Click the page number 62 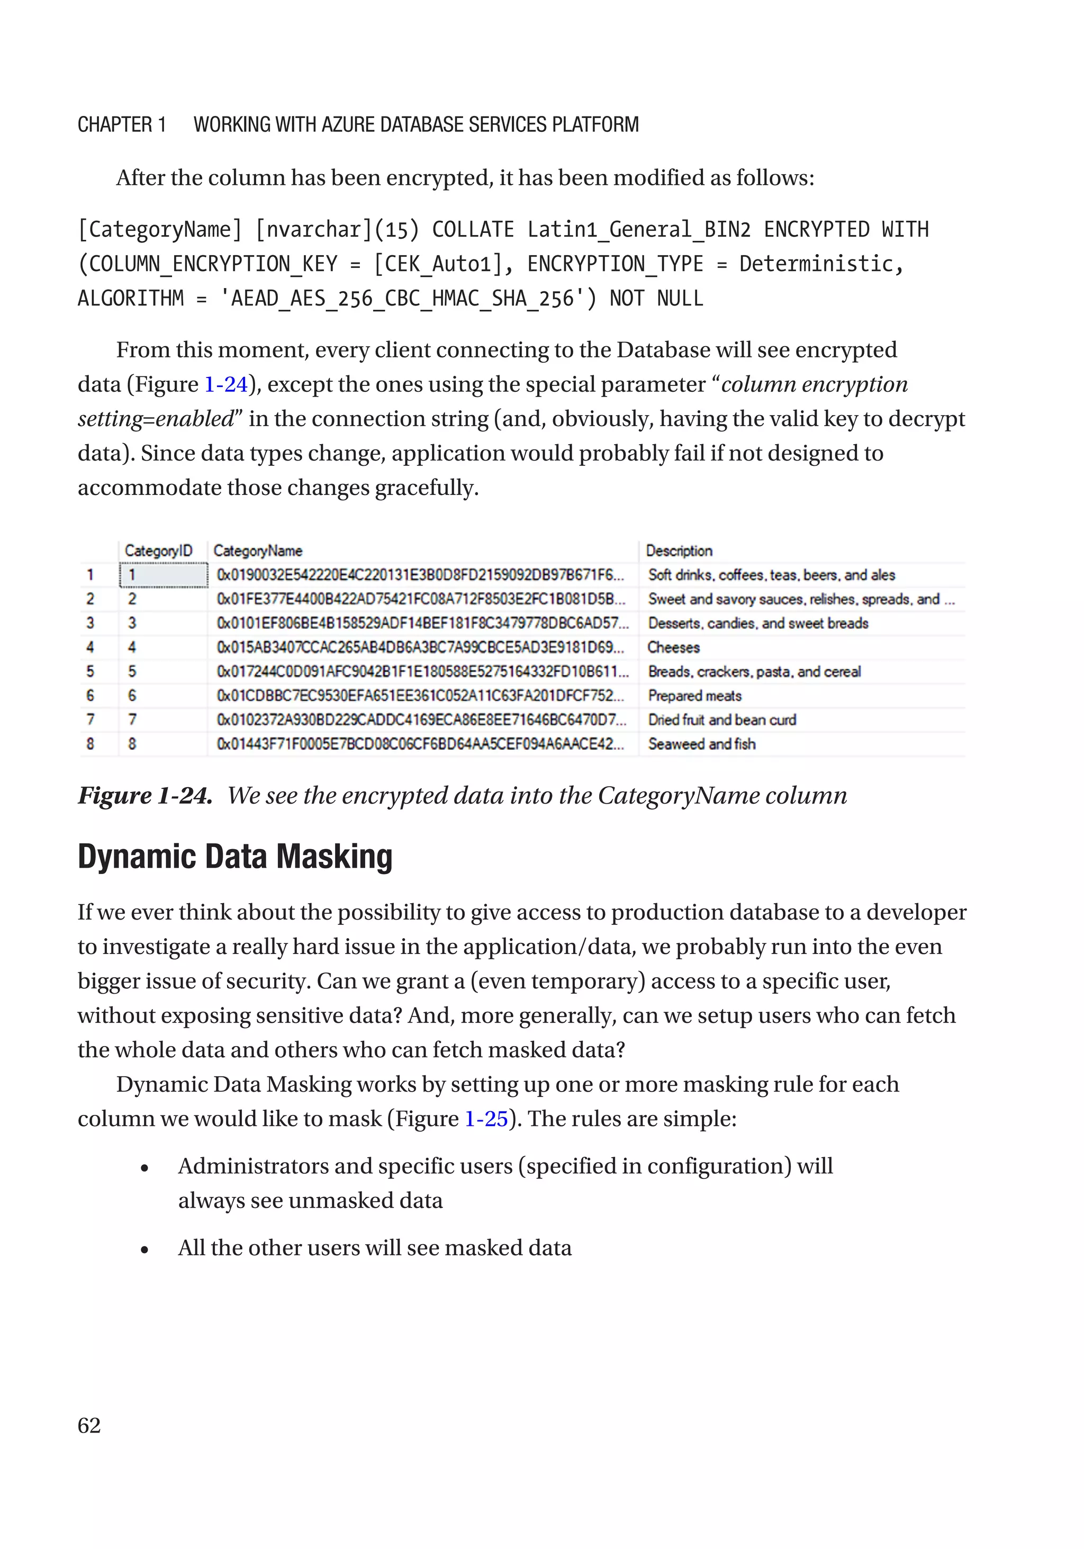(x=89, y=1425)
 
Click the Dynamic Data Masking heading (x=234, y=857)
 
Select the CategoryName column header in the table (x=258, y=551)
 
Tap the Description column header (x=679, y=551)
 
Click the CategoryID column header (x=158, y=551)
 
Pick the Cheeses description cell (x=673, y=647)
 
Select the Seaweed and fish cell (x=701, y=744)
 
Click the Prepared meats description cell (x=695, y=696)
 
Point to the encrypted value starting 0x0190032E (x=420, y=575)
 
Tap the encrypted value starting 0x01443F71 (x=420, y=744)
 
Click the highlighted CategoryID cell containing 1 (x=163, y=575)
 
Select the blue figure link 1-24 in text (x=226, y=384)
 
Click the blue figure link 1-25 (x=486, y=1119)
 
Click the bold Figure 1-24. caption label (x=145, y=796)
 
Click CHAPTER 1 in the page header (x=121, y=125)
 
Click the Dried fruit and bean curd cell (x=722, y=720)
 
